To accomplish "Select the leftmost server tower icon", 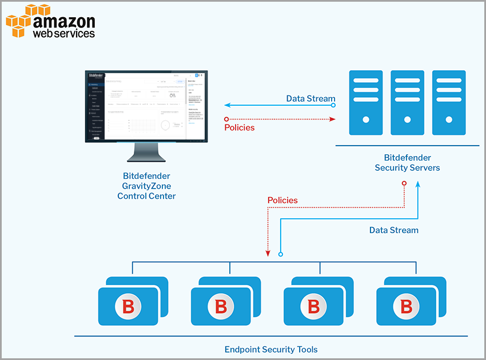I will pos(365,97).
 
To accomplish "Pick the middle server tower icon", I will pos(407,97).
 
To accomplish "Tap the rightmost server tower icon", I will pos(449,97).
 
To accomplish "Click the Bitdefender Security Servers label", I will pos(408,163).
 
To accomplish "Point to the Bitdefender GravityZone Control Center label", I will pos(146,186).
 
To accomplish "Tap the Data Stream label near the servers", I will pos(310,98).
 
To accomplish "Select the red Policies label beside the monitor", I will pos(240,127).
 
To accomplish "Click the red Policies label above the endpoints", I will pos(282,200).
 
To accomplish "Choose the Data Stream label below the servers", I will pos(393,230).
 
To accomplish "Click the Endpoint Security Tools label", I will pos(271,349).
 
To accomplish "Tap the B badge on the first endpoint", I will pos(128,306).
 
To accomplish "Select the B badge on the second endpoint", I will pos(221,306).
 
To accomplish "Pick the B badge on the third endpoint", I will pos(313,306).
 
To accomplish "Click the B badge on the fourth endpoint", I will pos(406,306).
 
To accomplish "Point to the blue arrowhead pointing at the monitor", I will pos(227,105).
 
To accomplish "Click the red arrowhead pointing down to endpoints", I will pos(268,253).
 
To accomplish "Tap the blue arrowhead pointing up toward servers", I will pos(418,185).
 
